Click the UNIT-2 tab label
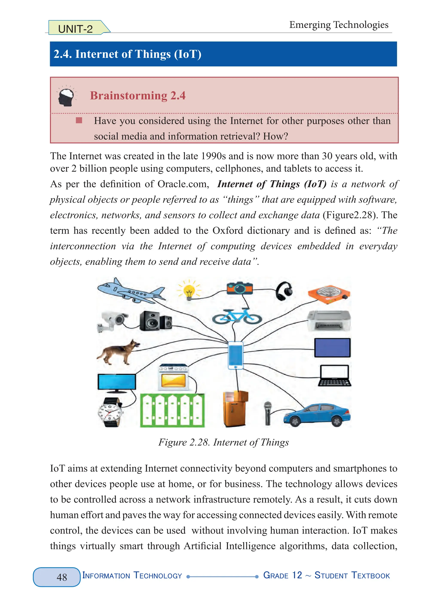[x=76, y=29]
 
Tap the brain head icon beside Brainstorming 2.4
[x=66, y=96]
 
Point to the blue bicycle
[x=237, y=316]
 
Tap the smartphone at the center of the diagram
[x=235, y=355]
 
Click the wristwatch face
[x=110, y=412]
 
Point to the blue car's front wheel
[x=295, y=421]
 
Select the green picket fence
[x=172, y=411]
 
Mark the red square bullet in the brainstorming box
[x=79, y=120]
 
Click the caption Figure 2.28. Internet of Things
[x=223, y=442]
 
